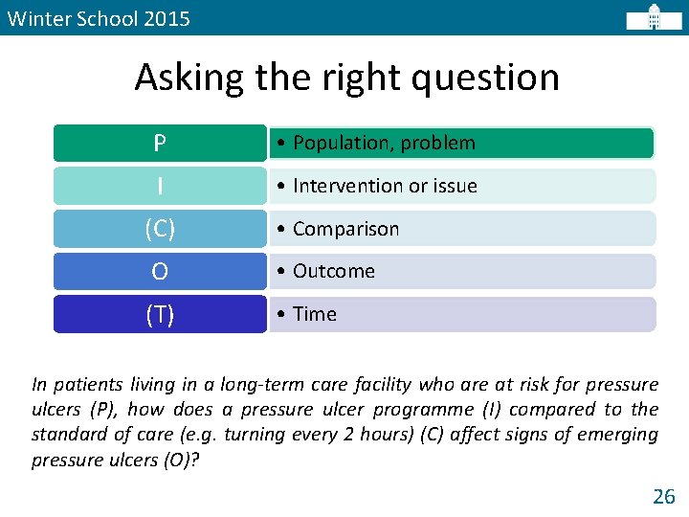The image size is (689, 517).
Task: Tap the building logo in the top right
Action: (654, 18)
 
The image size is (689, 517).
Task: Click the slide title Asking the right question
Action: (346, 78)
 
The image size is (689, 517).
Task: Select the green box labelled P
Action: (160, 144)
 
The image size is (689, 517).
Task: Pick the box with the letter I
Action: (160, 186)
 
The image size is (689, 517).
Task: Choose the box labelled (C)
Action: (160, 229)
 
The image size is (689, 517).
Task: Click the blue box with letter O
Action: (160, 272)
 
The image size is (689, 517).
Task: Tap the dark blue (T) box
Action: (160, 314)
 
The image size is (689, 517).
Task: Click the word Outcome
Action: (334, 272)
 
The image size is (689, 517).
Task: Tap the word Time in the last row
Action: (315, 314)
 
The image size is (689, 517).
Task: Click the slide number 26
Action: (663, 496)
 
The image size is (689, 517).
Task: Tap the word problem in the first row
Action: (438, 144)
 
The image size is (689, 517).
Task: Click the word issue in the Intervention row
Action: (456, 186)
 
